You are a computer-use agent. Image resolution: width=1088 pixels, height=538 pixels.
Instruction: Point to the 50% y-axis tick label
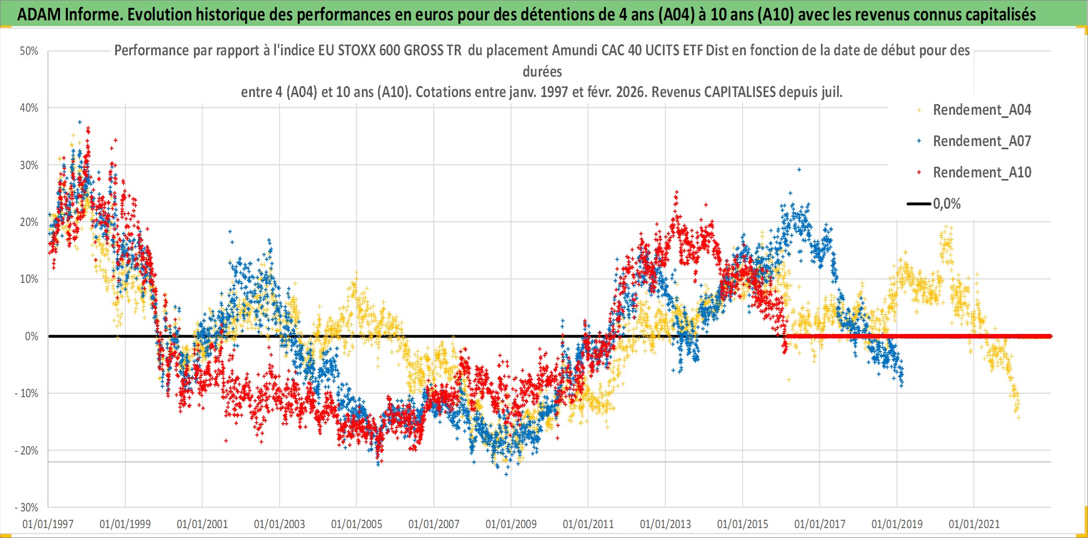click(x=29, y=51)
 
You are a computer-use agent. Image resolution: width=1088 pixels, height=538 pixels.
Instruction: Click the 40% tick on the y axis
click(x=29, y=108)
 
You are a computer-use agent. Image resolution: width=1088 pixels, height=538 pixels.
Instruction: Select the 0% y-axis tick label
click(x=31, y=337)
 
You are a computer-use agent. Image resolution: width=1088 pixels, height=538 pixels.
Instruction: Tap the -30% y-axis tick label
click(x=27, y=508)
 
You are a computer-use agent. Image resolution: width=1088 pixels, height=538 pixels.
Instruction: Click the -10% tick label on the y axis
click(x=27, y=393)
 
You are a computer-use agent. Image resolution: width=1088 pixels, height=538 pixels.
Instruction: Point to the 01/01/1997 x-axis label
click(x=48, y=524)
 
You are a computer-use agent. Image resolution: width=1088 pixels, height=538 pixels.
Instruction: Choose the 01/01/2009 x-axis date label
click(x=511, y=524)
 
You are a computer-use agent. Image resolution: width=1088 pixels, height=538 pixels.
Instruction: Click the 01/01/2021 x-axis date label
click(x=974, y=524)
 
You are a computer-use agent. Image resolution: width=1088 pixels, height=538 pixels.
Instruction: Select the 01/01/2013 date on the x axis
click(x=665, y=524)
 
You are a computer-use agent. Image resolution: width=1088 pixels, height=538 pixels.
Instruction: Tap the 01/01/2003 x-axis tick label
click(x=279, y=524)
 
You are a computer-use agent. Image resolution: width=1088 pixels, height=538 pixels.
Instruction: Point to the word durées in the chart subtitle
click(x=542, y=71)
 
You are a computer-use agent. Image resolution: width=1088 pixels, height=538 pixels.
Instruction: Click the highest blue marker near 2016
click(x=799, y=170)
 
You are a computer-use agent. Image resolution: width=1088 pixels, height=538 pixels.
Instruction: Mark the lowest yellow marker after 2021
click(x=1018, y=418)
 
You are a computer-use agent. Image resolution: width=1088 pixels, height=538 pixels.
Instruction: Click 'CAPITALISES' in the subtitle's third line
click(x=740, y=92)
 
